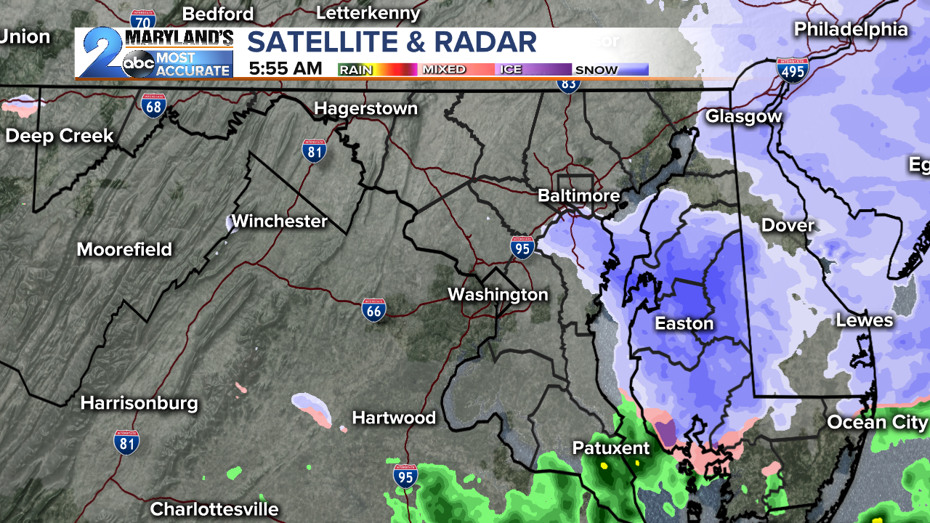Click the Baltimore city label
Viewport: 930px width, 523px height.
tap(578, 195)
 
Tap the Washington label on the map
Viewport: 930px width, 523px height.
tap(498, 294)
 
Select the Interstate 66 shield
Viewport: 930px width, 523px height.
tap(373, 309)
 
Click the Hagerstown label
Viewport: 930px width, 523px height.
tap(365, 109)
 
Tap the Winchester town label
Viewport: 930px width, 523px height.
tap(279, 221)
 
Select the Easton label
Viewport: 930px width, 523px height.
tap(684, 323)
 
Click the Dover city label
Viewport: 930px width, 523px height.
tap(788, 225)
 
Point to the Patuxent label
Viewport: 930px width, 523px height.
tap(611, 447)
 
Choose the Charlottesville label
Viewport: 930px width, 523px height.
tap(214, 509)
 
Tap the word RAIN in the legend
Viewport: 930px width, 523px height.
tap(356, 70)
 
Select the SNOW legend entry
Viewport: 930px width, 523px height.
tap(596, 70)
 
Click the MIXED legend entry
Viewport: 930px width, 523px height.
tap(444, 70)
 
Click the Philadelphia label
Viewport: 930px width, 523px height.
tap(851, 29)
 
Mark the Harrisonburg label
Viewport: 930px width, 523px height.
tap(139, 403)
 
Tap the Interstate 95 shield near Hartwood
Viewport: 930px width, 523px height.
tap(405, 475)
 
